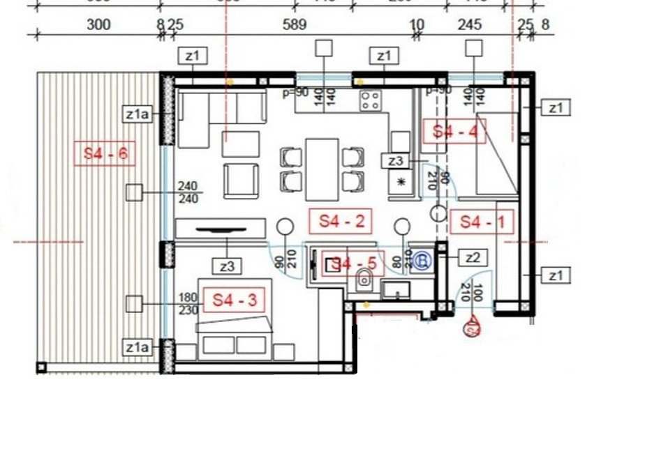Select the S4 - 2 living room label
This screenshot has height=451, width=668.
341,222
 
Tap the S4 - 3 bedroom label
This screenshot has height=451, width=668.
235,300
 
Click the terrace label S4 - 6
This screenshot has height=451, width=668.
104,154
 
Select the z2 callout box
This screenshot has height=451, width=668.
473,258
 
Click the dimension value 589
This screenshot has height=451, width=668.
295,25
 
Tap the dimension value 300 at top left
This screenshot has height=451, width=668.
98,25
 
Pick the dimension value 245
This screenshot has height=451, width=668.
469,25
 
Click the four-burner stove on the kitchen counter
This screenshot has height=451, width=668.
370,100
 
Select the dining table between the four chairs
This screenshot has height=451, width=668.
322,169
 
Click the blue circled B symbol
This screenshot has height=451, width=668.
422,261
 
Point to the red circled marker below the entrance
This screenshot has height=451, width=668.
473,324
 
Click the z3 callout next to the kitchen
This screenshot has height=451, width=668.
395,161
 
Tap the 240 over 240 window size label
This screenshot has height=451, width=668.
188,193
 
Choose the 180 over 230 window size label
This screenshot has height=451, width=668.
188,304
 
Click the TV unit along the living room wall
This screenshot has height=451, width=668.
221,229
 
